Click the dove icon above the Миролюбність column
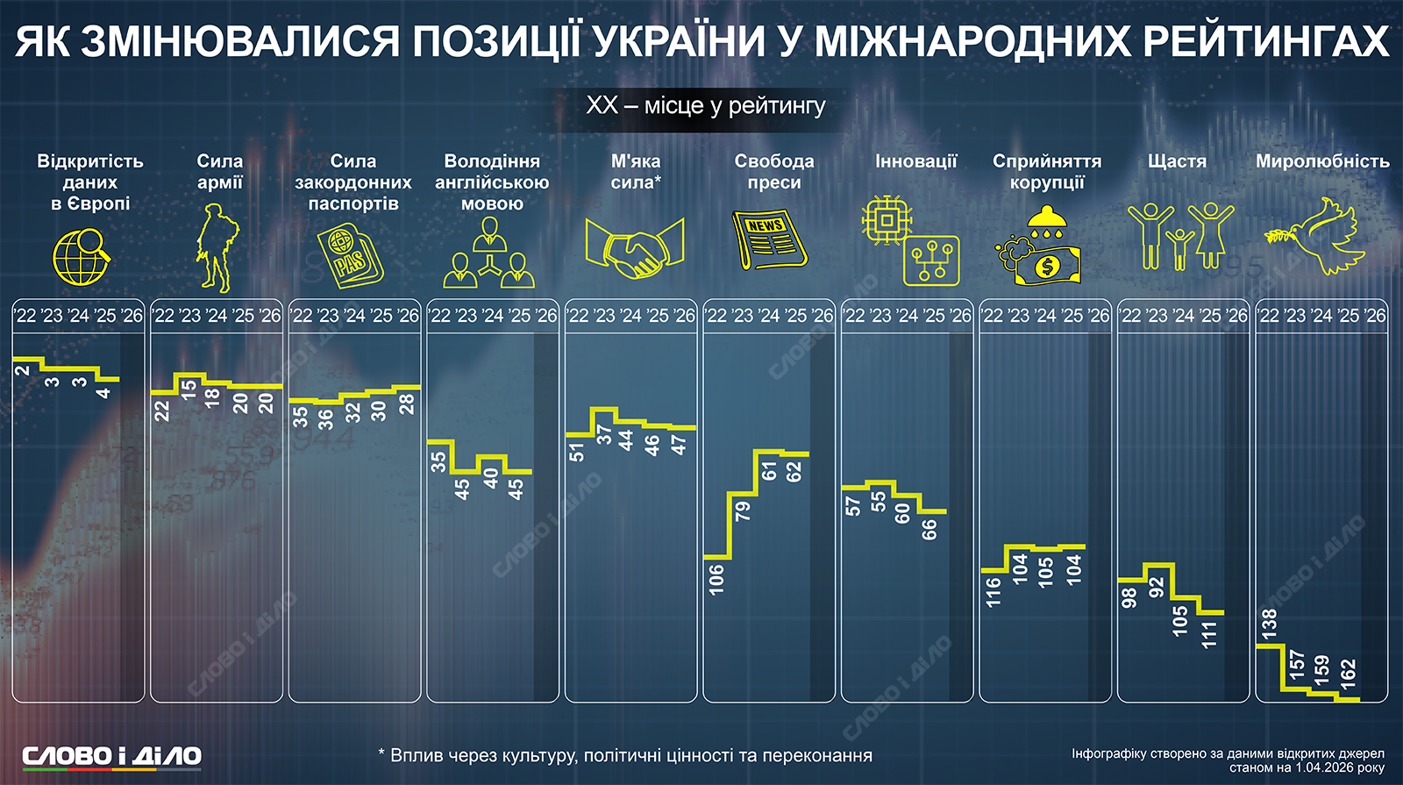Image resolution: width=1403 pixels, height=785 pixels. (x=1315, y=236)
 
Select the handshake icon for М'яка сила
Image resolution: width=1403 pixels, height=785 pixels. (x=634, y=249)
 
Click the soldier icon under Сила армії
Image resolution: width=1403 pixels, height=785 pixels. (x=215, y=247)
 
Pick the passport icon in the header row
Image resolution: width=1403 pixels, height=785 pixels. (x=349, y=255)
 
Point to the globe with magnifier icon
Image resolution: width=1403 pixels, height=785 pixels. (x=81, y=256)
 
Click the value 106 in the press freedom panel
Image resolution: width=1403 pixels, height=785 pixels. (x=717, y=580)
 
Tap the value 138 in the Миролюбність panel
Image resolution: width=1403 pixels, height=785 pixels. (x=1269, y=624)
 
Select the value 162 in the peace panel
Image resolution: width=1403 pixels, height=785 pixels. (x=1349, y=674)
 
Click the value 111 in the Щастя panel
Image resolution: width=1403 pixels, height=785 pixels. (x=1210, y=634)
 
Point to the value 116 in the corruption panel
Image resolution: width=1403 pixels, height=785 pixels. (x=993, y=592)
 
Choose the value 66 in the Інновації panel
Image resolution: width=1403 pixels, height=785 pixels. (x=929, y=529)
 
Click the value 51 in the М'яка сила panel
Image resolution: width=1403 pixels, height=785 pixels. (x=577, y=452)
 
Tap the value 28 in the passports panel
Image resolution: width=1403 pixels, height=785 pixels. (x=407, y=403)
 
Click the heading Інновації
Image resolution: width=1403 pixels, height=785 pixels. (x=915, y=161)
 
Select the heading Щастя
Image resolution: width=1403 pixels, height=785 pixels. (x=1177, y=161)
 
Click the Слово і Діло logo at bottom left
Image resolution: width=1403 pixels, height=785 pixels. (x=111, y=756)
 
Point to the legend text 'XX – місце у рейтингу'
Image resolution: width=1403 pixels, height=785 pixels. (x=706, y=106)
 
